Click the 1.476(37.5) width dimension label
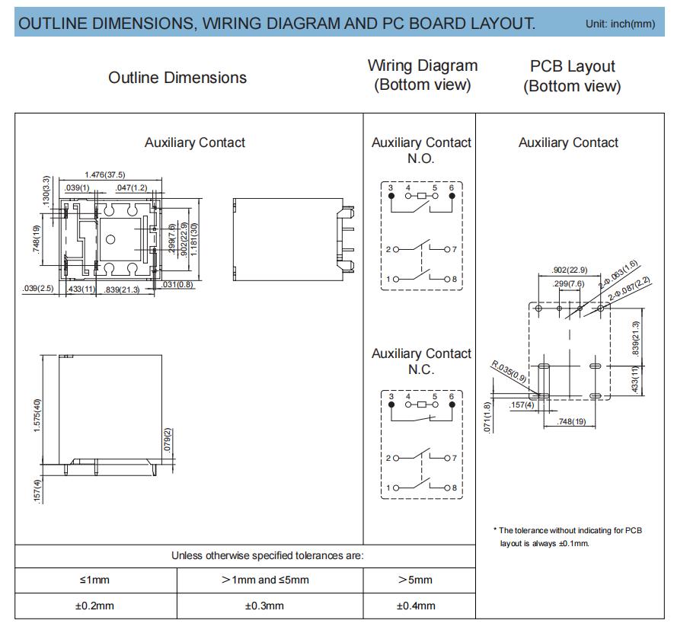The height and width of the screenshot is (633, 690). click(105, 174)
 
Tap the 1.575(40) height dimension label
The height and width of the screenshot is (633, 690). click(37, 416)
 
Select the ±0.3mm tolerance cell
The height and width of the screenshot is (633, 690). click(264, 606)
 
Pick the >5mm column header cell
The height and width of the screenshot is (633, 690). click(415, 580)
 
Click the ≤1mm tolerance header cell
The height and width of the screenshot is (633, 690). click(94, 580)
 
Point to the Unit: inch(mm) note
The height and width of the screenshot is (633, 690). click(620, 24)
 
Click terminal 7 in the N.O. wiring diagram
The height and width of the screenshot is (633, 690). click(447, 250)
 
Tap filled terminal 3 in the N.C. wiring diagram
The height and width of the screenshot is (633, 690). click(391, 404)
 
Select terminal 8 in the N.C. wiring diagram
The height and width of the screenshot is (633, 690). click(447, 488)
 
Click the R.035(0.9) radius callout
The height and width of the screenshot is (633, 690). click(509, 371)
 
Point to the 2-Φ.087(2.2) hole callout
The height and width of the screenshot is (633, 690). click(629, 289)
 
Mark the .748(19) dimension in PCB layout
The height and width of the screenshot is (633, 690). click(571, 421)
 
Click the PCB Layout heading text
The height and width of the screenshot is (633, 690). click(572, 66)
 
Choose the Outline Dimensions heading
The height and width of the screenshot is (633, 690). click(177, 78)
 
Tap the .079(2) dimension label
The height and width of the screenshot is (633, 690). click(168, 440)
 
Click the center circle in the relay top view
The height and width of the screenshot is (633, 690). click(110, 239)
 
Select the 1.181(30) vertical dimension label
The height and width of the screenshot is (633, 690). click(194, 239)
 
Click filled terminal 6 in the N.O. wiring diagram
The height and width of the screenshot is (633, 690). click(452, 196)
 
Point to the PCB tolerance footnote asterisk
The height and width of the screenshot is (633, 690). click(495, 529)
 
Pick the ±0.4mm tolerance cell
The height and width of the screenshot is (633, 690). click(416, 606)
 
